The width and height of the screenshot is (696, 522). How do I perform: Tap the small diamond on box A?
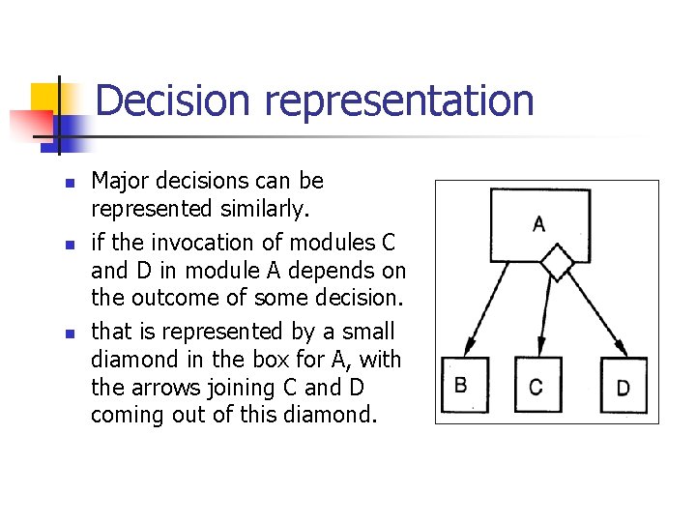pos(557,261)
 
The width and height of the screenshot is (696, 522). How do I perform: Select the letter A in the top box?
pos(538,224)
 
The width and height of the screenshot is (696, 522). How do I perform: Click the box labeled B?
pos(464,386)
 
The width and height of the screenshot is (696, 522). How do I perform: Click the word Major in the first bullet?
pos(119,181)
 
